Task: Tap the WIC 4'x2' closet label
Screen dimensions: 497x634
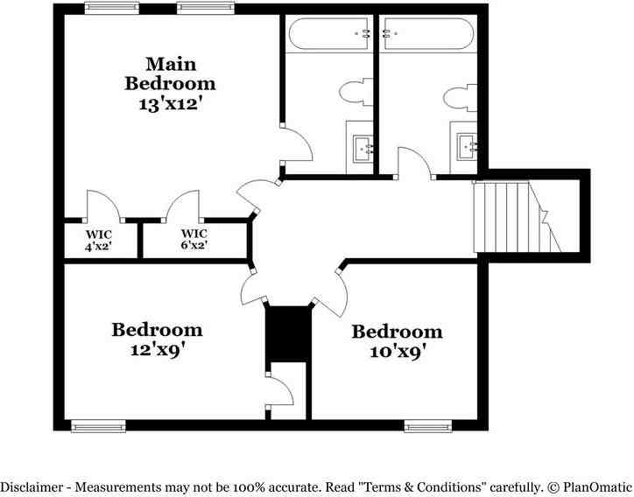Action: click(97, 240)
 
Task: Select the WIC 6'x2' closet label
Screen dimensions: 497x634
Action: click(194, 240)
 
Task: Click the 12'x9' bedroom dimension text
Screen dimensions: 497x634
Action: click(157, 349)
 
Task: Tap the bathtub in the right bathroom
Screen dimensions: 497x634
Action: click(428, 34)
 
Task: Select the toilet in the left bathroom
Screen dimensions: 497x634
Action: click(355, 92)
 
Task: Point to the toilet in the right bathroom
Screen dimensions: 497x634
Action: click(459, 94)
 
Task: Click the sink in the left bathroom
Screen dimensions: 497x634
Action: click(362, 147)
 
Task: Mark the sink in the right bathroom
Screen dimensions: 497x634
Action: click(465, 146)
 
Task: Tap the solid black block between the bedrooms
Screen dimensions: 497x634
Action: click(288, 333)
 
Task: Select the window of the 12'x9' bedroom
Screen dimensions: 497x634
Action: click(98, 426)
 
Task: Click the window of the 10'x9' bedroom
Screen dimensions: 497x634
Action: click(427, 426)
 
